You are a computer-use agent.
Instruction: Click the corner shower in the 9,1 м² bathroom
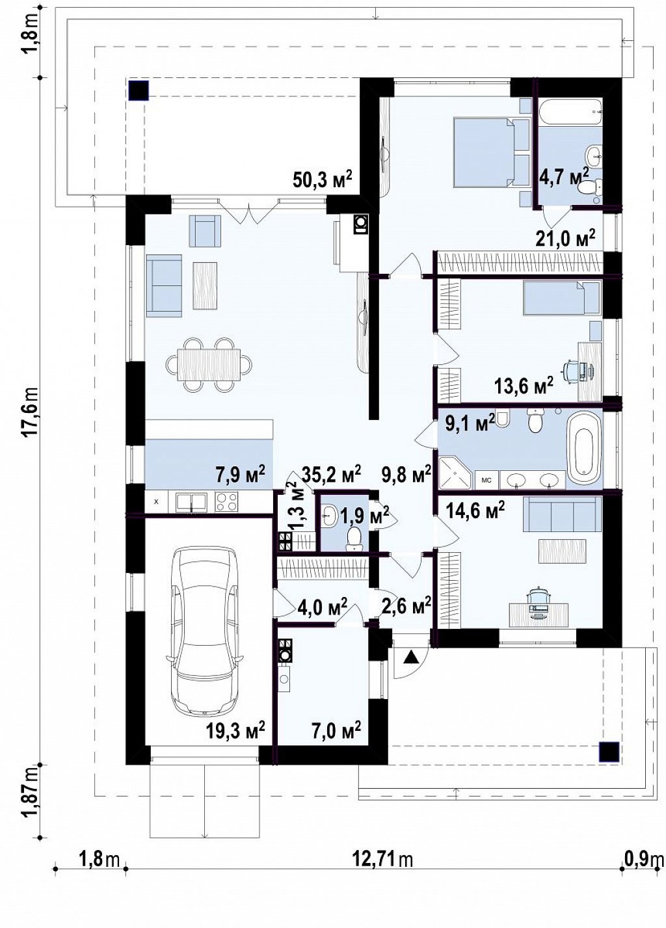(455, 471)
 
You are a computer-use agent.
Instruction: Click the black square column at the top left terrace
(139, 91)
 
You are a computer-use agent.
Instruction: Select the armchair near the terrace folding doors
(205, 231)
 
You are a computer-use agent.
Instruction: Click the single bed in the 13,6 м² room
(561, 298)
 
